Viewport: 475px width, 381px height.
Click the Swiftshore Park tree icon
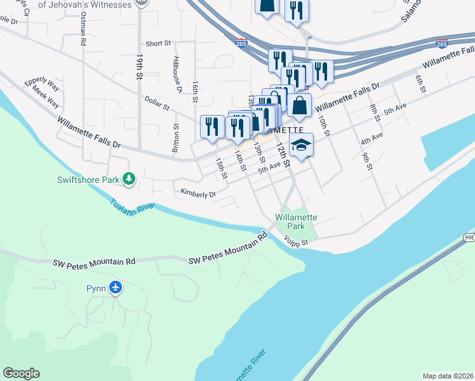tap(130, 180)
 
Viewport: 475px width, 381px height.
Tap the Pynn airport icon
tap(116, 288)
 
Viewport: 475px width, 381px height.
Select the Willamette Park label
tap(296, 222)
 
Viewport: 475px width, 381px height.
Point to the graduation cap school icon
tap(301, 145)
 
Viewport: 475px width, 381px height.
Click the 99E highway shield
tap(469, 237)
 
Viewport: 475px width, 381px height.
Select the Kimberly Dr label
tap(198, 193)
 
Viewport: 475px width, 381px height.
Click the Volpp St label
tap(296, 242)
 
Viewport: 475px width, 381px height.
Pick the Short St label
tap(158, 44)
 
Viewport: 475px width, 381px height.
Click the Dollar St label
tap(156, 103)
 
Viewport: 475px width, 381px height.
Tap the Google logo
tap(21, 373)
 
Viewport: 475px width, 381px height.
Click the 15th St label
tap(220, 168)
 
